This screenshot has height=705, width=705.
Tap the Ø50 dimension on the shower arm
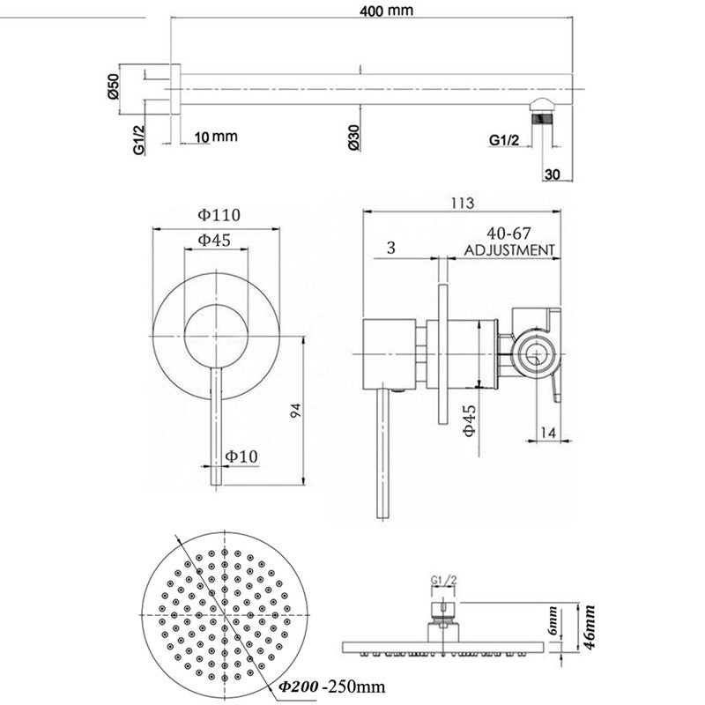[113, 86]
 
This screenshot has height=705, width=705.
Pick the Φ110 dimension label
[219, 213]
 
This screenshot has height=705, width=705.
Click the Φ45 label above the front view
[214, 240]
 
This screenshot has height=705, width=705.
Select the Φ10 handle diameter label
[240, 456]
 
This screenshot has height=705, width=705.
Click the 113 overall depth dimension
[461, 203]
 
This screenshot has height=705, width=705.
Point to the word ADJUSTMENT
[509, 249]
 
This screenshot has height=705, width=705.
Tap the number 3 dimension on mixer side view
[390, 249]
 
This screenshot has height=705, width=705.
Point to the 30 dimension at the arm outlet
[553, 174]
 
